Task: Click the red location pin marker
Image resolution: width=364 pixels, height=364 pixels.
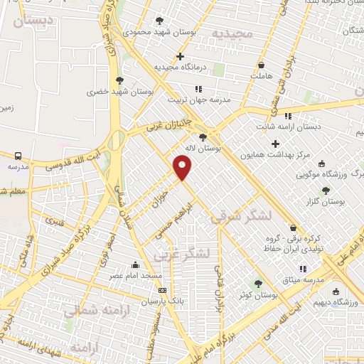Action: coord(183,167)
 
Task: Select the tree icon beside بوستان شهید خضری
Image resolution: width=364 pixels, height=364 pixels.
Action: coord(119,80)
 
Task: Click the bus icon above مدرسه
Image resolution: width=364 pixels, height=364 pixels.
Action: coord(17,154)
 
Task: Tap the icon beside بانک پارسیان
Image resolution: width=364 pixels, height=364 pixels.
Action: coord(163,290)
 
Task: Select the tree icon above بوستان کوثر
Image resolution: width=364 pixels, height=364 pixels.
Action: coord(258,283)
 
